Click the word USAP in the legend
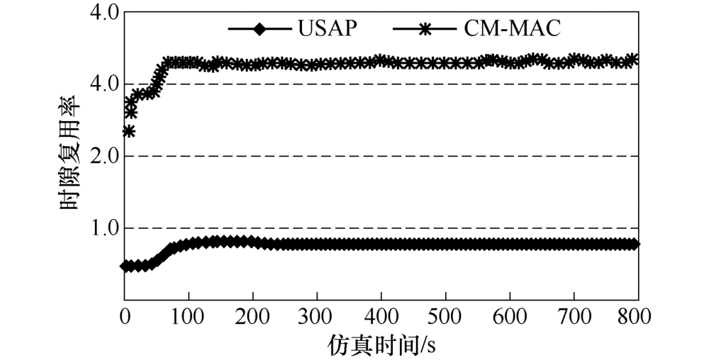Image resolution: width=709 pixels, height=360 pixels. (328, 30)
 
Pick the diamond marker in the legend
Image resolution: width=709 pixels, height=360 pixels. (259, 30)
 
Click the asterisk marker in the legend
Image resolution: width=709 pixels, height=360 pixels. (425, 30)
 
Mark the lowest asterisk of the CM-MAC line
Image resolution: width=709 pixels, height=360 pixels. (128, 131)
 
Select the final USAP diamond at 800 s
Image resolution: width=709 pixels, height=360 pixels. (635, 244)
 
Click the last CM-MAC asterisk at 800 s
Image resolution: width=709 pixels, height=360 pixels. (635, 60)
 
